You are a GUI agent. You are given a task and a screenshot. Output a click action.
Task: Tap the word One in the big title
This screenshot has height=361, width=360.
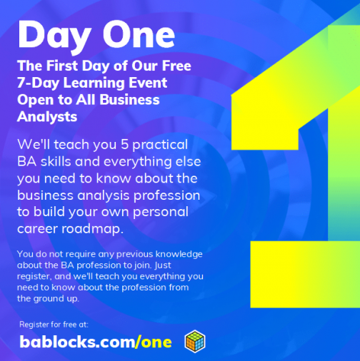click(136, 34)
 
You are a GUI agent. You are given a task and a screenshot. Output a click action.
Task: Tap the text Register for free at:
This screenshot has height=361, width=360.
click(53, 325)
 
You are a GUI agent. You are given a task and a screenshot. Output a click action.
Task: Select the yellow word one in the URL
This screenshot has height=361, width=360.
click(156, 342)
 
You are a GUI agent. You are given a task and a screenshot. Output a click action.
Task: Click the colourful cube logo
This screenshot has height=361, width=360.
click(195, 341)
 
